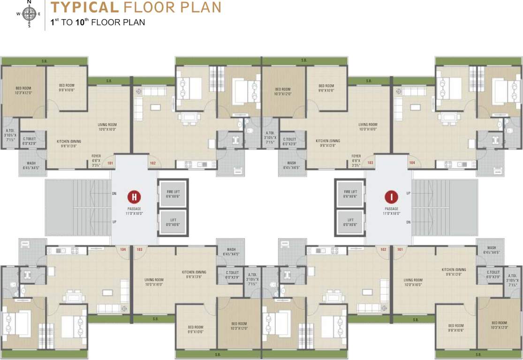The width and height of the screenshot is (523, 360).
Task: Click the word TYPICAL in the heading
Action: coord(84,7)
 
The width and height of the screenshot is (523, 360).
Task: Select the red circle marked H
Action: coord(134,196)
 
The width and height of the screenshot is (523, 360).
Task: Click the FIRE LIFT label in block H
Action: coord(173,192)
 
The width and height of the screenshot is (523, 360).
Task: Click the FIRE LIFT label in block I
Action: coord(350,192)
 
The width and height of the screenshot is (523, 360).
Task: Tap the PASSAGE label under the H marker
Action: coord(134,209)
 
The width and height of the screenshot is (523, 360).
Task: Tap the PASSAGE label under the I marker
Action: coord(391,209)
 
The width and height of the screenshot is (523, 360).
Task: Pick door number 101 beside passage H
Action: coord(111,163)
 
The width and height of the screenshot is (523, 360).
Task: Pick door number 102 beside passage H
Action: coord(152,163)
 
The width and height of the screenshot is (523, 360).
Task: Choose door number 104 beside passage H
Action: coord(123,249)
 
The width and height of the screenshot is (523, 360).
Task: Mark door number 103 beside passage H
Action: coord(139,249)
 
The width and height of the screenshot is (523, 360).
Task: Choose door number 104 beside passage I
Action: coord(412,163)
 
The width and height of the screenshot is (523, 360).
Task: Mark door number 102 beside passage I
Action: coord(383,249)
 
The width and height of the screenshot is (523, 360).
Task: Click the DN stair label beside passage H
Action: coord(114,193)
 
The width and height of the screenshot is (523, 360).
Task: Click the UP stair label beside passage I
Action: coord(408,193)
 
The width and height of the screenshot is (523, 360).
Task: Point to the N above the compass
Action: coord(29,2)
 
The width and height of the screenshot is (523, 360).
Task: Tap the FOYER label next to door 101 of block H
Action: coord(96,157)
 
